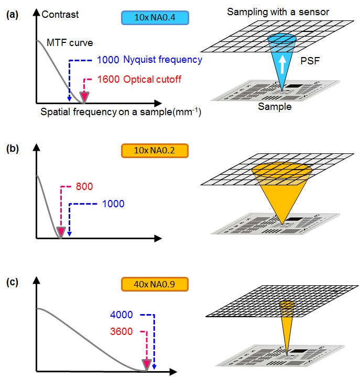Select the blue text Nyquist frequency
163,60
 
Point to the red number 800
84,186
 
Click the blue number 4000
121,315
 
